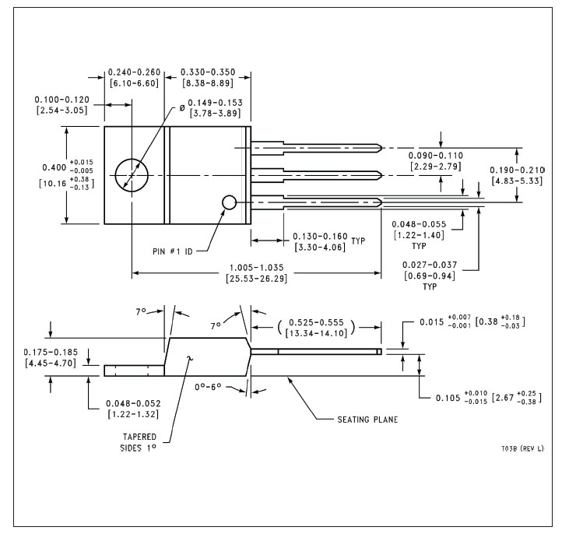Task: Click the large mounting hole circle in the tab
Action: point(115,176)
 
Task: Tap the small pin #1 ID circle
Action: point(223,202)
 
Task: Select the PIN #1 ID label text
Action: point(173,251)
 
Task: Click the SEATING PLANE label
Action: point(367,420)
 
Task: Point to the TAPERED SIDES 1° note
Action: point(139,442)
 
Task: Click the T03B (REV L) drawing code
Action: point(522,448)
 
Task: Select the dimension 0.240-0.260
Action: point(134,72)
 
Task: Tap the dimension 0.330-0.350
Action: point(208,72)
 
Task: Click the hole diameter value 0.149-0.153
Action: point(216,103)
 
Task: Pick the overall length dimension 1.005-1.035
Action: point(257,268)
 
